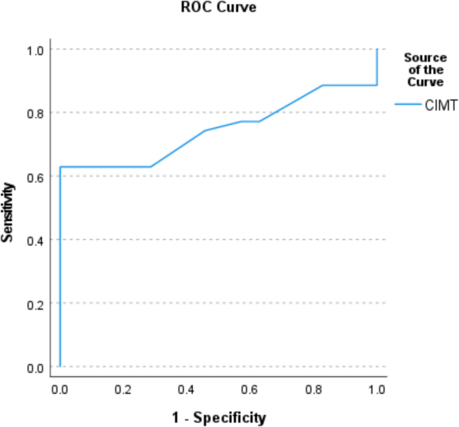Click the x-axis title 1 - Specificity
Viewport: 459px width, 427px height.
[x=218, y=418]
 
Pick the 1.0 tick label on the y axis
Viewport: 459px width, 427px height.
[x=36, y=50]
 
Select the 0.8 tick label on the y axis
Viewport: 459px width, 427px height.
[x=36, y=113]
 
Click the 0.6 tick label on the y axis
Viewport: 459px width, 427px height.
[x=36, y=177]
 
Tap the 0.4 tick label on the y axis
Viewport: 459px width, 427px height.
[x=36, y=240]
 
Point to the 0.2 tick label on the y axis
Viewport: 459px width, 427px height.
[x=36, y=303]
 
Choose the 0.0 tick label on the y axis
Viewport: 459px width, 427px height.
[x=36, y=367]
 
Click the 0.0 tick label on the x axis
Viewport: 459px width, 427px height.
[x=60, y=388]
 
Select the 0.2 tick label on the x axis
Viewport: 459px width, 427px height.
[x=123, y=388]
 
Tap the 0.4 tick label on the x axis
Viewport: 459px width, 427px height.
[x=186, y=388]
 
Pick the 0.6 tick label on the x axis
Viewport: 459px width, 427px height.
[x=250, y=388]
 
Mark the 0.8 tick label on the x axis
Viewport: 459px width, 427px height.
[x=314, y=388]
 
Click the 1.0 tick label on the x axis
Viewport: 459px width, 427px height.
[x=377, y=388]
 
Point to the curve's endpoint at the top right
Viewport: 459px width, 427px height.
[x=377, y=50]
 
